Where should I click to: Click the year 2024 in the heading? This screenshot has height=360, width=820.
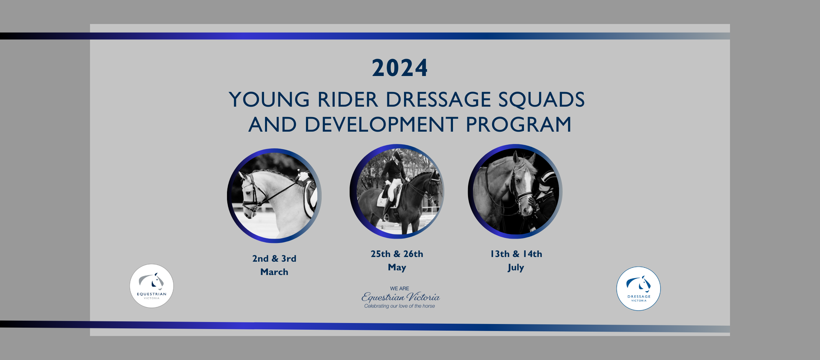click(x=400, y=68)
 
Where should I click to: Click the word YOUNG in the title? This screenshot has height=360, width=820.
click(x=269, y=99)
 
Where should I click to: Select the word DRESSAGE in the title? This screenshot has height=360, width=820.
click(x=438, y=99)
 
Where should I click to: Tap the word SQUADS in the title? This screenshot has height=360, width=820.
click(x=542, y=99)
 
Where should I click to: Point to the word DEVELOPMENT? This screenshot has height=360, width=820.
click(x=381, y=124)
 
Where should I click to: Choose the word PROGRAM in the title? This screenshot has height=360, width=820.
click(x=519, y=124)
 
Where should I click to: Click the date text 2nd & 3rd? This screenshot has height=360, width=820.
click(x=274, y=258)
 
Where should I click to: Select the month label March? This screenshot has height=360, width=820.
click(x=274, y=272)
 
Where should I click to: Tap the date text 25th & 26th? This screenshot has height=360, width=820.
click(x=397, y=254)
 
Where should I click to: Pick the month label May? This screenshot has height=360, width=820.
click(x=397, y=267)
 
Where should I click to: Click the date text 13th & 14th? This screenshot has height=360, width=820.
click(x=516, y=254)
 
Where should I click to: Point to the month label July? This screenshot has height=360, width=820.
click(x=516, y=267)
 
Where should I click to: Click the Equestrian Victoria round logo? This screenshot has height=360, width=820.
click(x=152, y=286)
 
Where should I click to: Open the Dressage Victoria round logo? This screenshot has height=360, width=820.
click(x=639, y=289)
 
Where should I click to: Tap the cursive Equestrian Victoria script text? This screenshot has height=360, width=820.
click(x=401, y=297)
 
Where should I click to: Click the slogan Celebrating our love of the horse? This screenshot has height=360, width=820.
click(x=399, y=306)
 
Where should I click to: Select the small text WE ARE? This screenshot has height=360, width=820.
click(x=399, y=288)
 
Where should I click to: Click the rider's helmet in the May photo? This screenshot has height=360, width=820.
click(x=398, y=155)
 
